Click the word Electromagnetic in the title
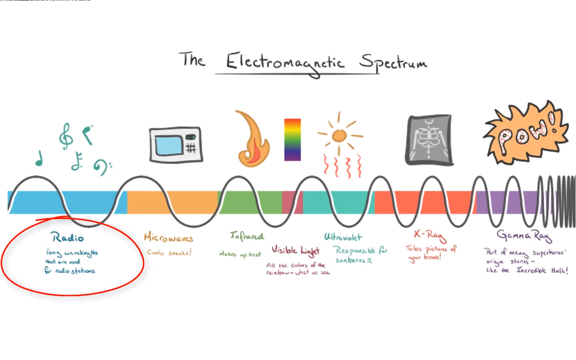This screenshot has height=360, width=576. tap(285, 62)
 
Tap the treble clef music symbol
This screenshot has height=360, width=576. tap(66, 136)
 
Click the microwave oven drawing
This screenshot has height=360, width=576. tap(176, 144)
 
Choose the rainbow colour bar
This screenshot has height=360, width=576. tap(292, 139)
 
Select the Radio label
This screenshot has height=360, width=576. tap(67, 237)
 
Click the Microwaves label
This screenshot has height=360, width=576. tap(168, 237)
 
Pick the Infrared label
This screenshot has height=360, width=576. tap(247, 236)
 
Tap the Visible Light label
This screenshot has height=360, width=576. tap(295, 251)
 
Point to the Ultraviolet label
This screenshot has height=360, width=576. tap(342, 237)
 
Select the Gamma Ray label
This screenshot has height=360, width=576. tap(524, 235)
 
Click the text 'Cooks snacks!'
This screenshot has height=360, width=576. tap(169, 252)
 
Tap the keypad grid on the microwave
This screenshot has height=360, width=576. tap(191, 147)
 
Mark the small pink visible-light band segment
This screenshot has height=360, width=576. tap(292, 202)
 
